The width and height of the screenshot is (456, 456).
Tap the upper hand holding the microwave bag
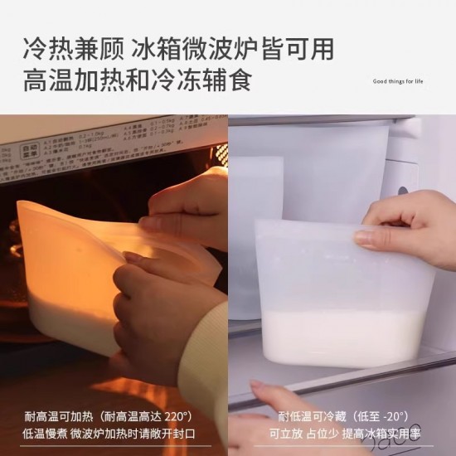[x=182, y=207]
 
